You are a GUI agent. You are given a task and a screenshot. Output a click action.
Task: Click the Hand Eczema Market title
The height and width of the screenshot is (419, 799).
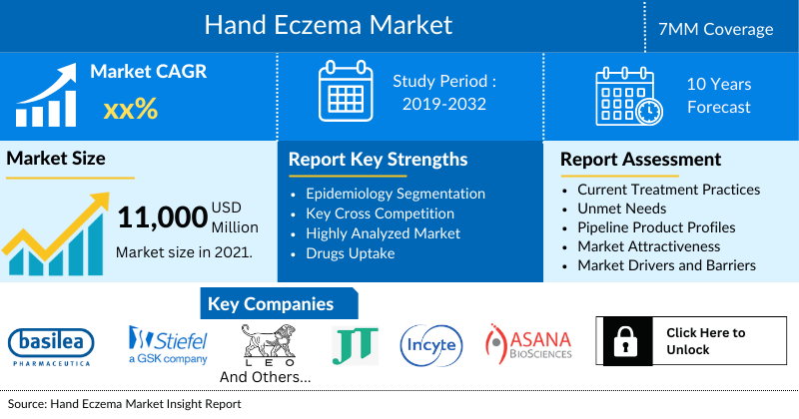click(x=328, y=25)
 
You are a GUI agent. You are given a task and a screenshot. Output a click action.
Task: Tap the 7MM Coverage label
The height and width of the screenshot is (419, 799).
click(x=723, y=29)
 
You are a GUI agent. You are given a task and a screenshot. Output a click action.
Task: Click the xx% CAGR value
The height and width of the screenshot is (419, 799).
click(x=130, y=109)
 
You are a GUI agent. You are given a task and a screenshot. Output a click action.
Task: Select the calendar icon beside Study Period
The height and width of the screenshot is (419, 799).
click(x=345, y=93)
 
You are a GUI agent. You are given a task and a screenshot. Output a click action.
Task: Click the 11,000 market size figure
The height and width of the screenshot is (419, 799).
click(x=162, y=218)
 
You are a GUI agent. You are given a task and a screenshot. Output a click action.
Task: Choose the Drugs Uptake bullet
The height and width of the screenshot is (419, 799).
click(x=353, y=253)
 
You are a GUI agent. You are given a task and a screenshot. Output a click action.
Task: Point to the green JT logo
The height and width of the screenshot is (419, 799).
click(x=355, y=345)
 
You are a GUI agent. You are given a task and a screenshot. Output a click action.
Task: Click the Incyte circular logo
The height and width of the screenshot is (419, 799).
click(x=430, y=345)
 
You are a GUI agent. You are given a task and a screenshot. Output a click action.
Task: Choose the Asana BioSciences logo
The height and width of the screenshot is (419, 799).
click(x=528, y=342)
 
